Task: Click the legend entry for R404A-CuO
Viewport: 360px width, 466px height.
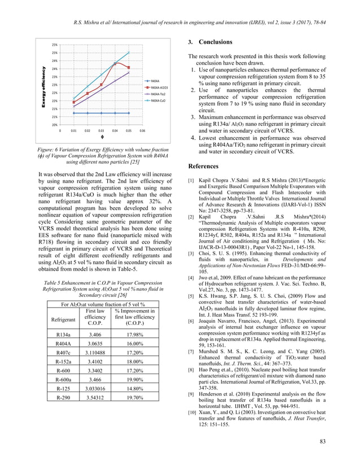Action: tap(157, 101)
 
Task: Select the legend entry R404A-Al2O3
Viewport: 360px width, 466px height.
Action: tap(157, 88)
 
